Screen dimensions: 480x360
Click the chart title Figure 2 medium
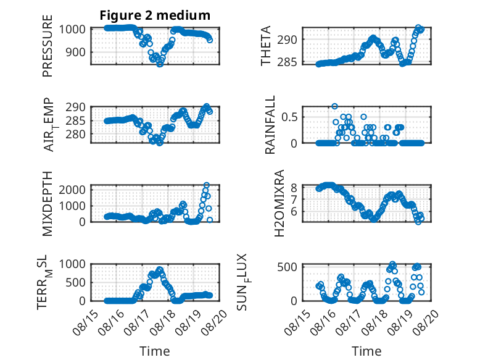(155, 15)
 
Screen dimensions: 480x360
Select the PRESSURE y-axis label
(48, 46)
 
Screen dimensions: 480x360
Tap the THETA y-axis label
(266, 46)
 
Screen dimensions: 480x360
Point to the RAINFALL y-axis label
(270, 125)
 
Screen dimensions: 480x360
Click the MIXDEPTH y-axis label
(48, 203)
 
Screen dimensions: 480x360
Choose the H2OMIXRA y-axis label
(279, 203)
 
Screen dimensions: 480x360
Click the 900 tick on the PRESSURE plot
(77, 52)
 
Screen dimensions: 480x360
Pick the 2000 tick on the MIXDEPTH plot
(73, 190)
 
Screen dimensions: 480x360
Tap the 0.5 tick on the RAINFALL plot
(289, 117)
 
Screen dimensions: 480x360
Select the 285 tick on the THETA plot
(288, 62)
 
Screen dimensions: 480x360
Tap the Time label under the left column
(155, 351)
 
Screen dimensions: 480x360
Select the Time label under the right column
(366, 351)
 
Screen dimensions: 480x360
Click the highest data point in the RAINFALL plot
(334, 106)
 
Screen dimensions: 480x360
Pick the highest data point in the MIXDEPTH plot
(207, 185)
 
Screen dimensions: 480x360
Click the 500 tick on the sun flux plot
(288, 267)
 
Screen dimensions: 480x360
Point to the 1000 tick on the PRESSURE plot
(73, 30)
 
